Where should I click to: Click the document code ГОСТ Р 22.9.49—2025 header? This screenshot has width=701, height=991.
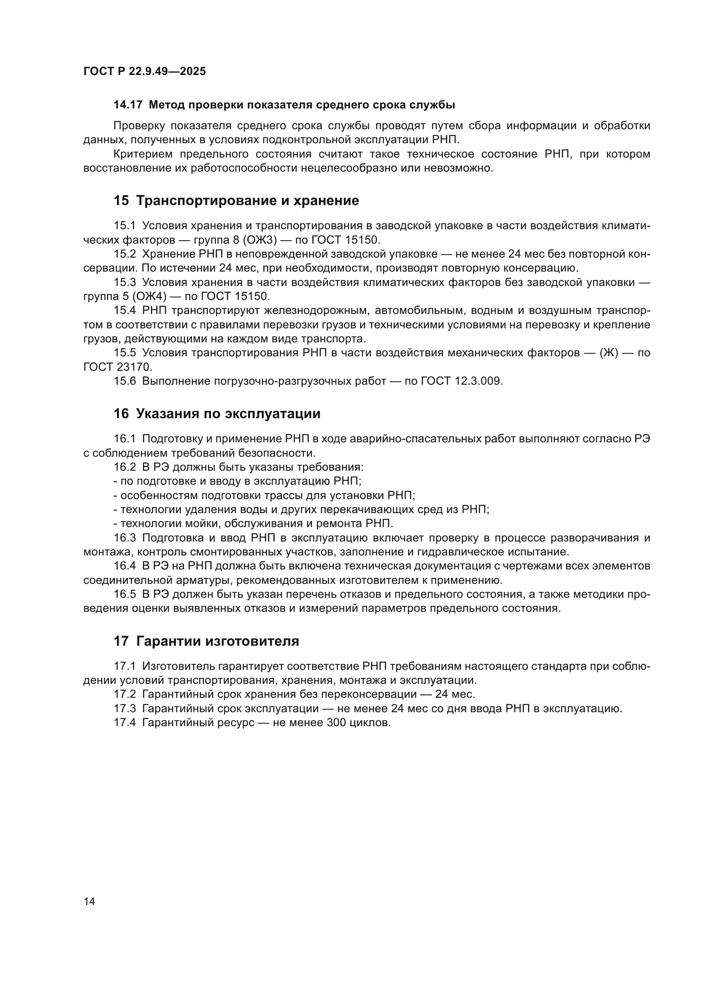pos(145,71)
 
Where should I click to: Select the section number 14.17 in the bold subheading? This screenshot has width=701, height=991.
pos(128,105)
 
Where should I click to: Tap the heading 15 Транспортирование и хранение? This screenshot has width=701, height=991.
pos(236,201)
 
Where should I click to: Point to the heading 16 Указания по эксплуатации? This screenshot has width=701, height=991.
pos(217,414)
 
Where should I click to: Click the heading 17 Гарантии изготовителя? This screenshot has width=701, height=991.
pos(206,641)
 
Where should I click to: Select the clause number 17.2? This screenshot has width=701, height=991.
pos(125,694)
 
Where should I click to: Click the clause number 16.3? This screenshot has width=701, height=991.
pos(125,538)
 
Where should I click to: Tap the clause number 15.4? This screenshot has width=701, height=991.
pos(125,310)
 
